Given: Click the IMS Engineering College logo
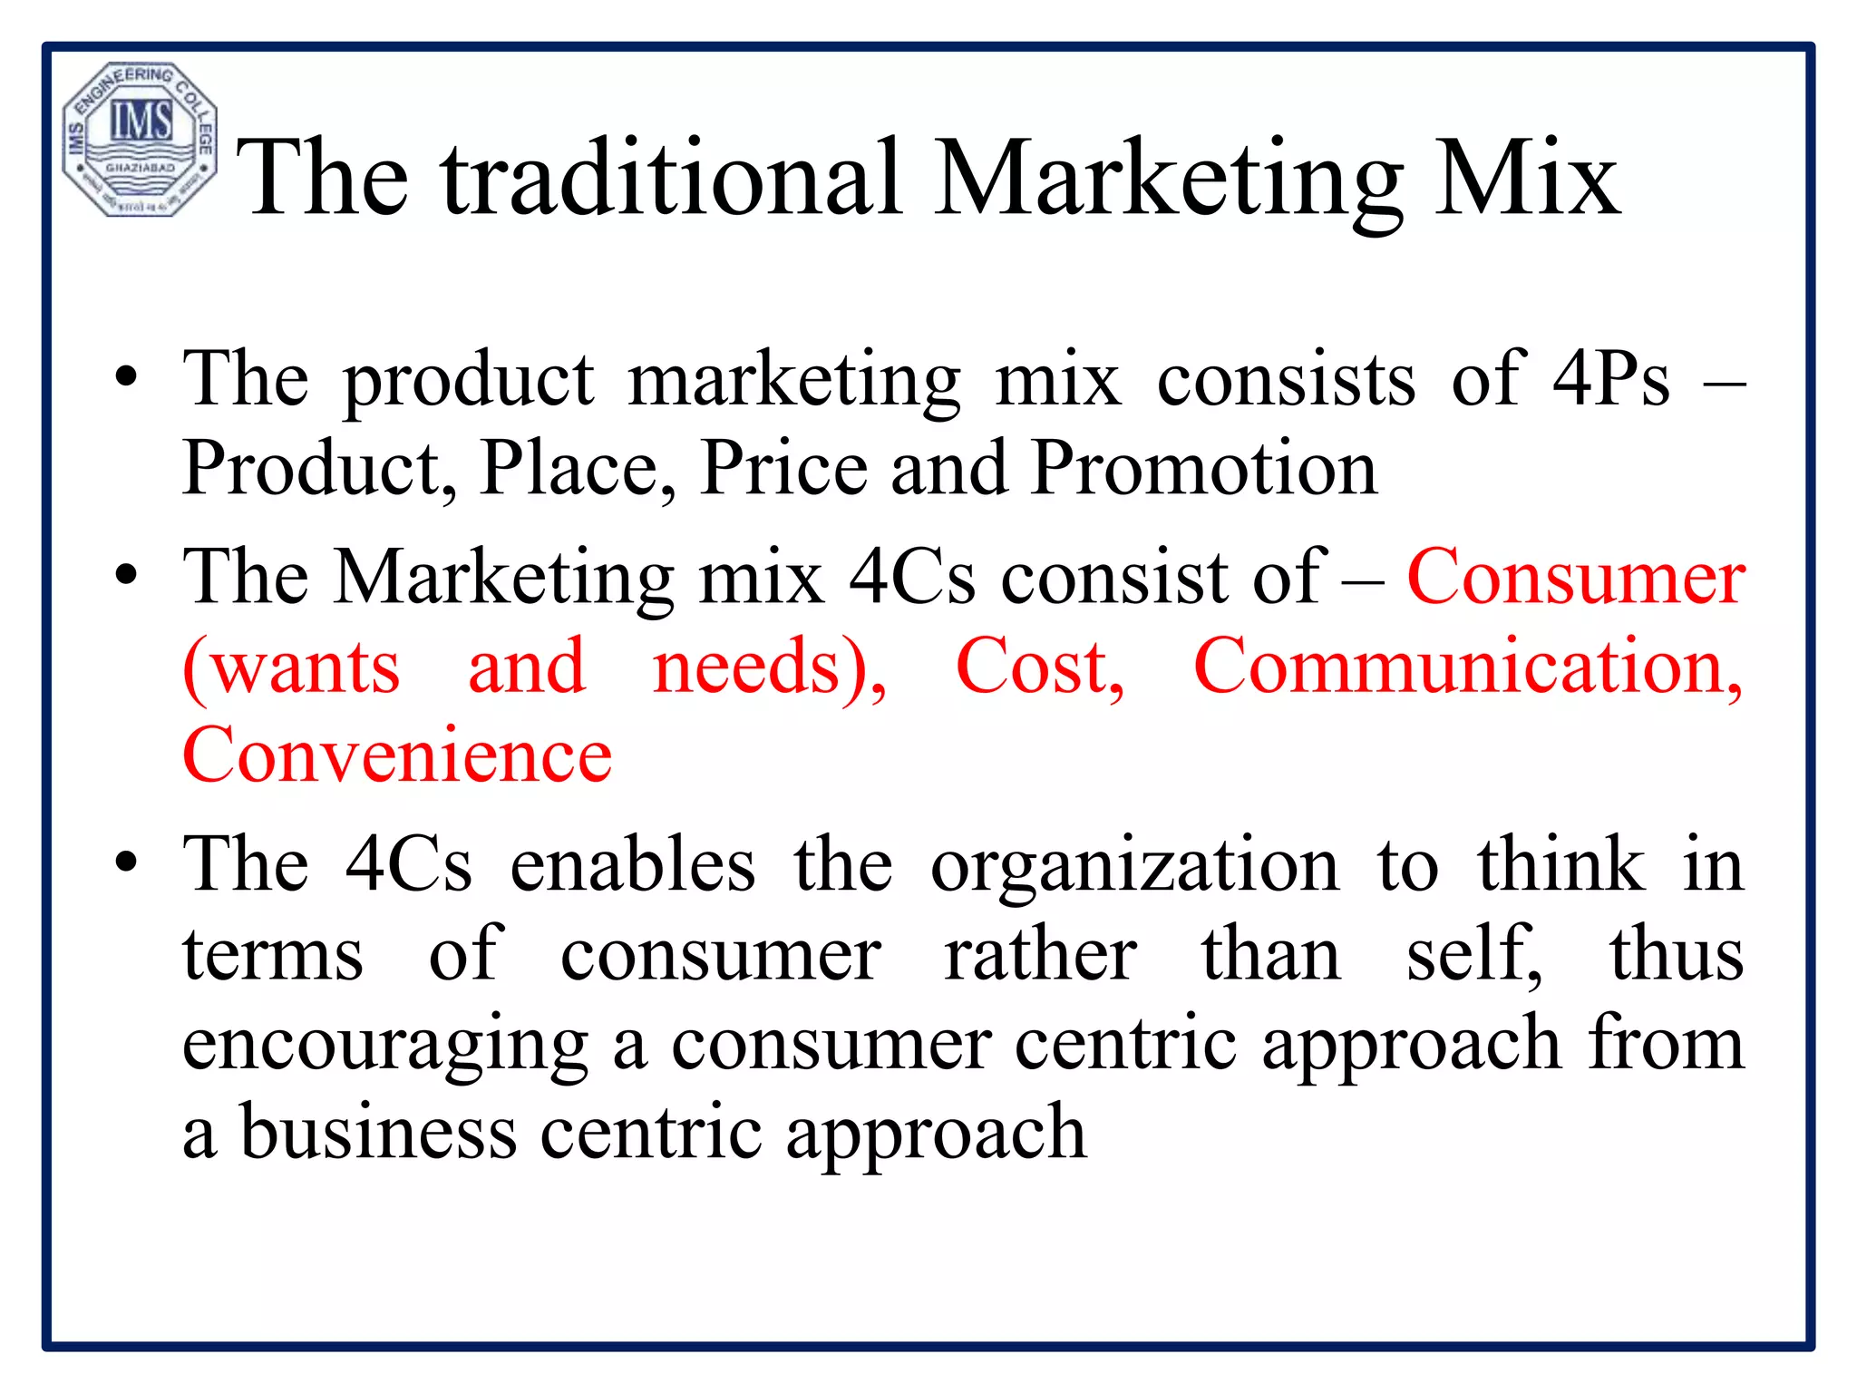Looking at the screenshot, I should [139, 140].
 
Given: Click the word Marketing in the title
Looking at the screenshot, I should [1169, 179].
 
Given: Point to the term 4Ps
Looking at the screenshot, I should [1610, 379].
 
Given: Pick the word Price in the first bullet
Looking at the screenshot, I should [783, 468].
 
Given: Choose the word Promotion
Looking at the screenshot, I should [1205, 468].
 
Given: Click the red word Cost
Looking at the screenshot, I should [1040, 667].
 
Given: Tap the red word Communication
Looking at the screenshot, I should [1468, 667].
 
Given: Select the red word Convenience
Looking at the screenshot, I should [397, 755].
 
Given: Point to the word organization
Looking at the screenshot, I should [1134, 865].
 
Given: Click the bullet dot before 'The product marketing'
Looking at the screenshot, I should [127, 378].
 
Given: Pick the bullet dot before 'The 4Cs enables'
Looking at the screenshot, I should [127, 864].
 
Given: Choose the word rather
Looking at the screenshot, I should [1040, 954].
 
